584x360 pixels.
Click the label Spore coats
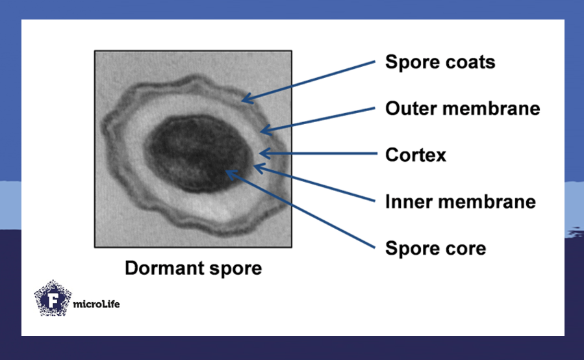coord(440,62)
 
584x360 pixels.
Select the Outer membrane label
coord(462,109)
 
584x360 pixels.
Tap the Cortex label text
coord(416,155)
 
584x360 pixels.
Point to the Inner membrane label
coord(460,201)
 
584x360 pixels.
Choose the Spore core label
coord(435,248)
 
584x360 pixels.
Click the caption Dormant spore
coord(193,268)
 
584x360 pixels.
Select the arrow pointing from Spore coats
coord(309,82)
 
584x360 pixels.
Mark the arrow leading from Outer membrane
coord(318,120)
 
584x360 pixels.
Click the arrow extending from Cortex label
coord(318,154)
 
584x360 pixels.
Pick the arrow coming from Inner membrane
coord(315,184)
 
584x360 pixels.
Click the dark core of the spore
coord(195,153)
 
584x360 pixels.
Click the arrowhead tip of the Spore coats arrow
coord(242,101)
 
